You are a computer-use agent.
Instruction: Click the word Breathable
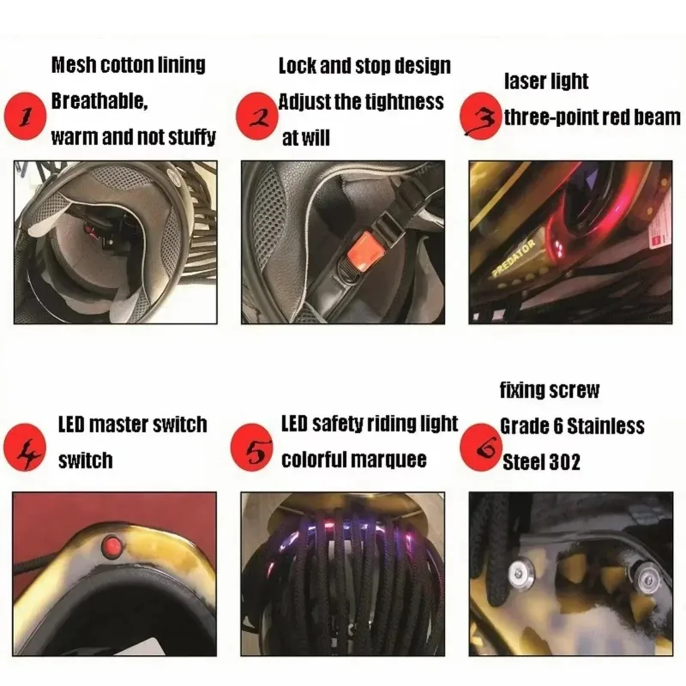point(99,100)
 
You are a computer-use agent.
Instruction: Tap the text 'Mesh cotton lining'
point(129,65)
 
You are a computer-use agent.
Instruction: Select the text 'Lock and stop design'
point(364,66)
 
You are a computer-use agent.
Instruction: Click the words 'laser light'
point(546,81)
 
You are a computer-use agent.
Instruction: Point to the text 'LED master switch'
point(132,424)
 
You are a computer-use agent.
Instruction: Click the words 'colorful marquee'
point(354,460)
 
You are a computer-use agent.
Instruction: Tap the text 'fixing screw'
point(550,391)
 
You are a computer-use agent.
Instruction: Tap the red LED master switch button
point(110,545)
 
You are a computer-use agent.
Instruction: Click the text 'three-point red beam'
point(592,117)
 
